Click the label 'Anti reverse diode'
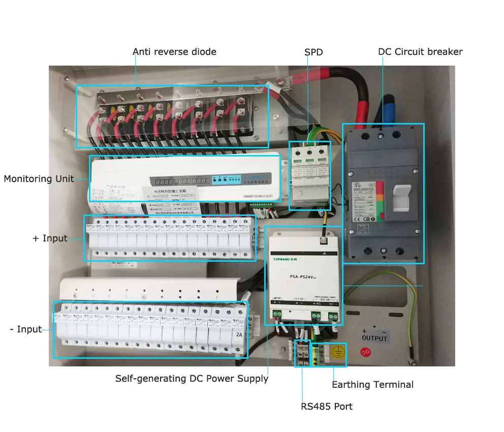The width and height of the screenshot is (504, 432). [x=174, y=52]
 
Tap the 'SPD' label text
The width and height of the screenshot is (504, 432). [x=313, y=52]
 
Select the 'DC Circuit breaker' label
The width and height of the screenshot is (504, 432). [x=420, y=52]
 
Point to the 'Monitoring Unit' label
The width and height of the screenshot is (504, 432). [x=39, y=179]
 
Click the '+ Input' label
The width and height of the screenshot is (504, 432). [x=50, y=238]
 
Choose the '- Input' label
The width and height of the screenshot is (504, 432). [x=26, y=329]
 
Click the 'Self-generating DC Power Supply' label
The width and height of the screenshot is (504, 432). [x=192, y=379]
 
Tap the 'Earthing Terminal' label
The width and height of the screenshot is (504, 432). [x=372, y=385]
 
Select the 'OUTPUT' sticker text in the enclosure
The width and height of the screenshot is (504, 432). [x=374, y=338]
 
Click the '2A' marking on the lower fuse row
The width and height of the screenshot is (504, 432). [x=239, y=335]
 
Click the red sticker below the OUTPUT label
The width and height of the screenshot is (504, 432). [x=364, y=351]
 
